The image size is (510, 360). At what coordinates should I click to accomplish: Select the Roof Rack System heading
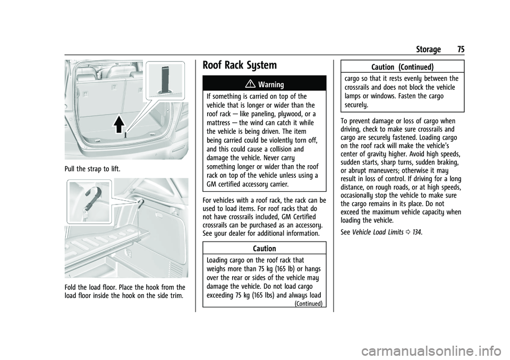coord(240,66)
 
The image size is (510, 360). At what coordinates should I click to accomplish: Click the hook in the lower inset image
coord(88,198)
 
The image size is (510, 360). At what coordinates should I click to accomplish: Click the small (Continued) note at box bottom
coord(310,303)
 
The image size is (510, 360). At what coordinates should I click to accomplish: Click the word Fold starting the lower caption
coord(73,288)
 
